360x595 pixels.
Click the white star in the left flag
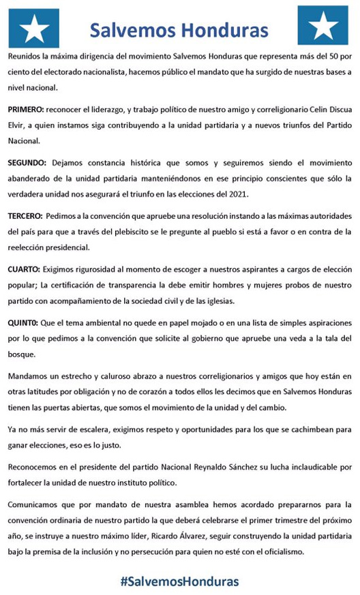[x=34, y=27]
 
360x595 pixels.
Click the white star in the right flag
[x=323, y=27]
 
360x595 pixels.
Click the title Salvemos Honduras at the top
[x=179, y=29]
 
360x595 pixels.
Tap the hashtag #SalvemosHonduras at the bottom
[x=179, y=581]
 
